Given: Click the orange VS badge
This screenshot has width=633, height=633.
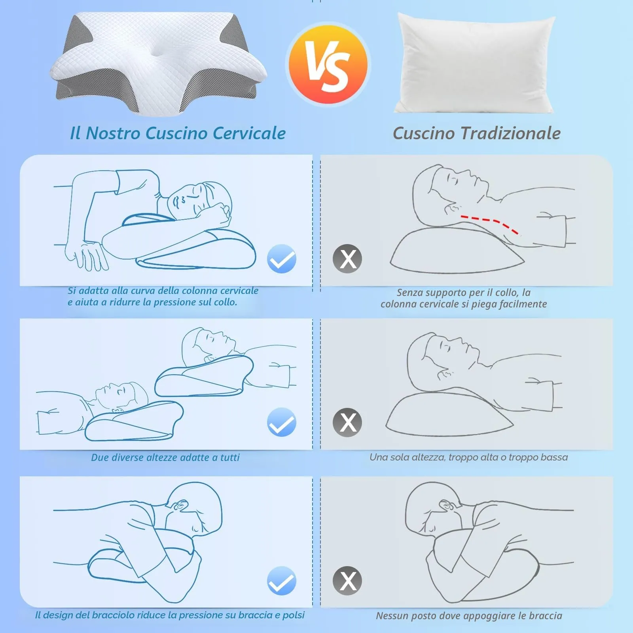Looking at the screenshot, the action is [x=328, y=64].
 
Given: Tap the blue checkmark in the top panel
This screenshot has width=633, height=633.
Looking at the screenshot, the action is [x=282, y=259].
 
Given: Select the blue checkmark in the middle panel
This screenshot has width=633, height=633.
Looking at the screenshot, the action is [x=282, y=422].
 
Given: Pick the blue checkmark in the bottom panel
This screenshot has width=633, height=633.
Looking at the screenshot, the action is [x=282, y=581].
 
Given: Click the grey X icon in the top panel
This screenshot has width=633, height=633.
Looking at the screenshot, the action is [x=347, y=259].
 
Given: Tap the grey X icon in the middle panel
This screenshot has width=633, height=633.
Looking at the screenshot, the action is [x=347, y=422].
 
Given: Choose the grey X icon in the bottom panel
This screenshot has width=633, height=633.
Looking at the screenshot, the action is [x=347, y=581].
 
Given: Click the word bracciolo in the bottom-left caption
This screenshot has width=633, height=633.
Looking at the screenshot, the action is [x=113, y=615].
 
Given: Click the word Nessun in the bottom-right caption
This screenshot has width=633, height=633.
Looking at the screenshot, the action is [x=392, y=616].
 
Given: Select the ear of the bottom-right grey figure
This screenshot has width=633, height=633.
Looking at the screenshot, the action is [x=446, y=505].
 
